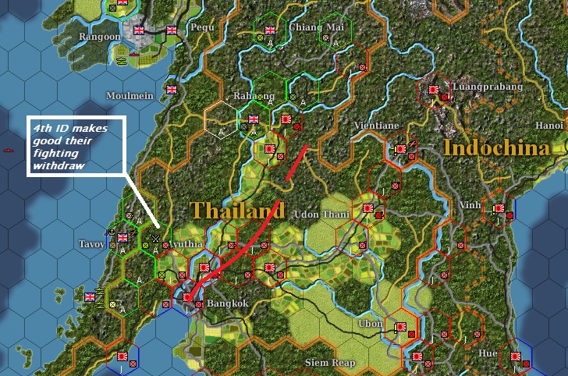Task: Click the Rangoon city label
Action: [99, 36]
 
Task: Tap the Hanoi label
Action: [548, 124]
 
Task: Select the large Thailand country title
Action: [236, 211]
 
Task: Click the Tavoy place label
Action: [92, 244]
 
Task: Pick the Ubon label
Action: [370, 323]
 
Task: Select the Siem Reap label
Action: [330, 363]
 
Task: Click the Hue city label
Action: [488, 353]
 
